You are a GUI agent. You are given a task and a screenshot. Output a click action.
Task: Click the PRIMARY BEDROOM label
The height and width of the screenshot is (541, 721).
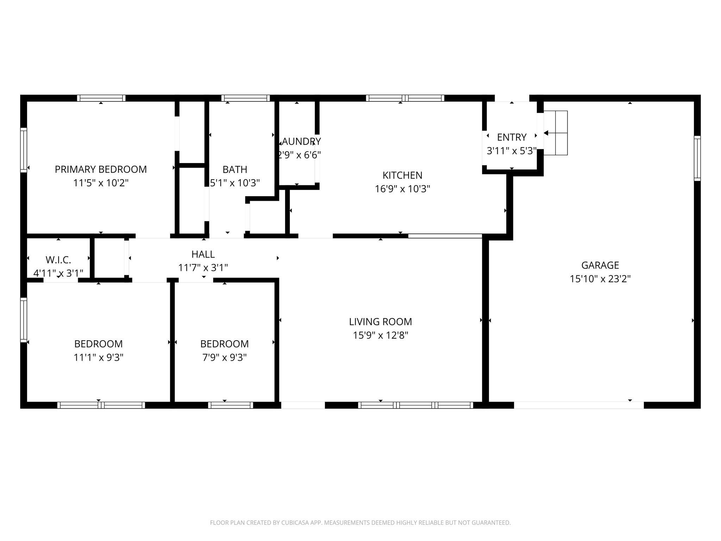(x=101, y=169)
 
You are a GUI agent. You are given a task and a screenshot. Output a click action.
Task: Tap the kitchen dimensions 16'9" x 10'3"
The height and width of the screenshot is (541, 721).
(x=402, y=189)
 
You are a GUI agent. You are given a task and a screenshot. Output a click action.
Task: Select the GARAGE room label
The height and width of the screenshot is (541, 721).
(x=600, y=265)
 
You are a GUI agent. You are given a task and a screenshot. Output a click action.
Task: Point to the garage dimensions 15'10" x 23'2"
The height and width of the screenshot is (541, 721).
(x=600, y=279)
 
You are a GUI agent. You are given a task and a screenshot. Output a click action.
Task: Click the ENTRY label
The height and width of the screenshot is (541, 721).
(x=512, y=137)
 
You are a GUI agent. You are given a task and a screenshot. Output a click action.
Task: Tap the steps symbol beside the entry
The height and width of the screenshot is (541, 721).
(x=556, y=133)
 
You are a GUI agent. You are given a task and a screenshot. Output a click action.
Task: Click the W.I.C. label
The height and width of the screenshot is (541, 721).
(x=58, y=260)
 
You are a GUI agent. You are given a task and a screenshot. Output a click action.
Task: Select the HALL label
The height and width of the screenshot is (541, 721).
(x=203, y=254)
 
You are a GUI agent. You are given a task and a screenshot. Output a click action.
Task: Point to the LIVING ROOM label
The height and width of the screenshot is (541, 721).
(x=380, y=322)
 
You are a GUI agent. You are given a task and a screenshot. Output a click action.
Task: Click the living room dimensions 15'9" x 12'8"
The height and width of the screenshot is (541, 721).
(x=380, y=335)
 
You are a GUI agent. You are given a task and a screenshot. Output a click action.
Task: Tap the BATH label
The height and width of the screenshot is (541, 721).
(x=235, y=169)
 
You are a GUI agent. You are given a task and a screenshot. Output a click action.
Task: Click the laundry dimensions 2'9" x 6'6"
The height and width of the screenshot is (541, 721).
(x=300, y=155)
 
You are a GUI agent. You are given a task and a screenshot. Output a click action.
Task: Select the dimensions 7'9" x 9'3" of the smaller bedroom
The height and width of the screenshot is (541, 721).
(x=224, y=358)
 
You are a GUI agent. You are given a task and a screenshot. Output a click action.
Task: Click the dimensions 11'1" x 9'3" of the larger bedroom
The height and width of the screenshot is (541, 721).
(x=99, y=358)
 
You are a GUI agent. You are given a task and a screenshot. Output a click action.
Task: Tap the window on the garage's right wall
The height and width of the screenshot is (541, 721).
(x=697, y=158)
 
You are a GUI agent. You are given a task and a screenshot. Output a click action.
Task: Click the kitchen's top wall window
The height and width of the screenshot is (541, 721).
(x=405, y=98)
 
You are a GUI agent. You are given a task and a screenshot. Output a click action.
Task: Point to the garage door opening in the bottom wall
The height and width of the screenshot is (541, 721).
(x=579, y=405)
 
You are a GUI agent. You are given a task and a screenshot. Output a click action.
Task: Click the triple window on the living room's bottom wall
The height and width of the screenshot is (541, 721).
(x=415, y=405)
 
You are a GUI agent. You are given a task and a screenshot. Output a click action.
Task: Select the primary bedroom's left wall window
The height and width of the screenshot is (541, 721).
(x=24, y=150)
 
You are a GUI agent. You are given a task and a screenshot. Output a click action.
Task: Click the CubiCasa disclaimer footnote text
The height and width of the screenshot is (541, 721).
(x=360, y=523)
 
